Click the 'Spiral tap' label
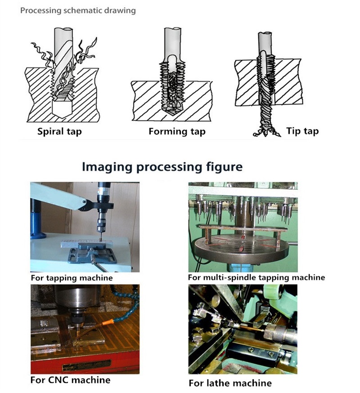pyautogui.click(x=59, y=132)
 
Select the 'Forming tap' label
pyautogui.click(x=177, y=131)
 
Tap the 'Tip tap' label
pyautogui.click(x=302, y=131)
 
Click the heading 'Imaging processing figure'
pyautogui.click(x=162, y=167)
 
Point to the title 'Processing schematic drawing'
pyautogui.click(x=78, y=10)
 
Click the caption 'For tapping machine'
pyautogui.click(x=72, y=278)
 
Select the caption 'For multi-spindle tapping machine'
pyautogui.click(x=256, y=277)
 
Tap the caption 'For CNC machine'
pyautogui.click(x=70, y=380)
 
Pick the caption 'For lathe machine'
pyautogui.click(x=230, y=383)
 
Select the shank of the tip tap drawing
pyautogui.click(x=265, y=43)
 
